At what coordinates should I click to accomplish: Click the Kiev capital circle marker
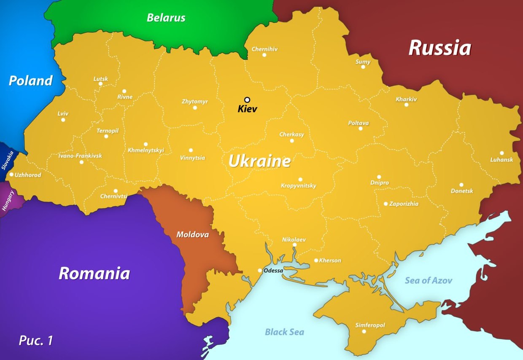click(x=247, y=100)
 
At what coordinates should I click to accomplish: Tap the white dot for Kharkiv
click(x=407, y=105)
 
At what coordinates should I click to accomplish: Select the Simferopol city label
click(x=370, y=325)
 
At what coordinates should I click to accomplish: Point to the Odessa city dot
click(x=260, y=271)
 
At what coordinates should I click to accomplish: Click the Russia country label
click(x=439, y=48)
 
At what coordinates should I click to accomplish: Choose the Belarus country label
click(x=166, y=18)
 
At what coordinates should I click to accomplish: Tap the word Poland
click(x=31, y=81)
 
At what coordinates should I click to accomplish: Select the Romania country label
click(x=94, y=274)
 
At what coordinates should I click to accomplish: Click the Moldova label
click(x=192, y=234)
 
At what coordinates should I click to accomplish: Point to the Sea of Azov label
click(x=429, y=280)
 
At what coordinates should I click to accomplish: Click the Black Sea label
click(x=284, y=332)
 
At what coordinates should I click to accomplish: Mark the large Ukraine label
click(x=259, y=161)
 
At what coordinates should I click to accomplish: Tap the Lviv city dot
click(x=63, y=120)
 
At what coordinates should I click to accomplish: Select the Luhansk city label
click(x=501, y=160)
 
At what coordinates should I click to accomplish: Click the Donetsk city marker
click(x=461, y=185)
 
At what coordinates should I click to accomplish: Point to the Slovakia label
click(x=8, y=160)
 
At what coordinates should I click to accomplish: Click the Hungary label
click(x=8, y=201)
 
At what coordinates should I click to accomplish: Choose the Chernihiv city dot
click(x=264, y=55)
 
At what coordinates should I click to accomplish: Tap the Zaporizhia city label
click(x=404, y=204)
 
